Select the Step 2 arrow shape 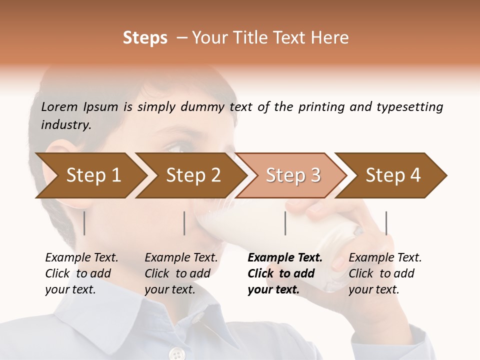point(192,175)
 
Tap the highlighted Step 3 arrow point(292,175)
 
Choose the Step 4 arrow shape point(393,175)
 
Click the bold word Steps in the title point(145,38)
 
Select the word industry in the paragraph point(65,124)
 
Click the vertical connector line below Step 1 point(84,223)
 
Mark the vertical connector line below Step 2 point(184,223)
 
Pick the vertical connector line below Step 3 point(285,223)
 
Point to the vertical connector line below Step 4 point(386,223)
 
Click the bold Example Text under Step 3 point(285,258)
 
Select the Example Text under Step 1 point(81,258)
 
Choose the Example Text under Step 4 point(385,258)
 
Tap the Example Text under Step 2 point(181,258)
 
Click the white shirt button point(176,354)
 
